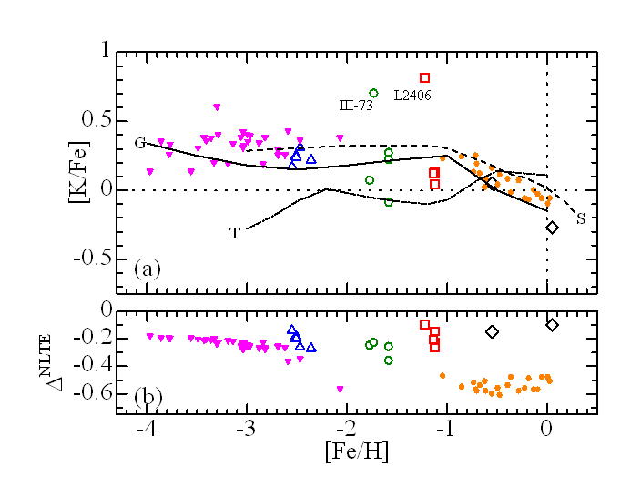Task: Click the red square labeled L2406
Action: pos(424,78)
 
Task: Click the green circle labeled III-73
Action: pos(373,93)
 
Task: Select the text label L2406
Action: pos(412,95)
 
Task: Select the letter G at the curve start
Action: pos(139,143)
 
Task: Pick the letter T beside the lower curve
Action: pos(234,234)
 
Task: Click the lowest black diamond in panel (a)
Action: pos(552,228)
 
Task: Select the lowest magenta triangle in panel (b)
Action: pos(341,390)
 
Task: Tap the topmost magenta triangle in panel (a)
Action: pos(217,107)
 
